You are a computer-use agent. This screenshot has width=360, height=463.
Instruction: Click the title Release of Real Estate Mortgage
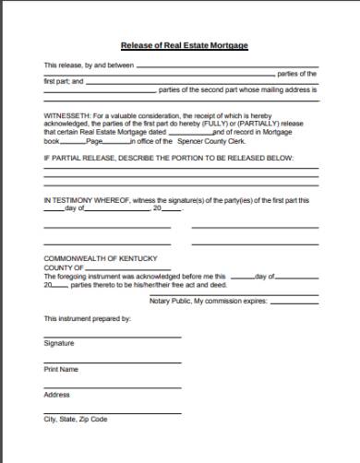[184, 45]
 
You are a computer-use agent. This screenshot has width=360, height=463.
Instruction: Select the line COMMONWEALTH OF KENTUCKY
[96, 257]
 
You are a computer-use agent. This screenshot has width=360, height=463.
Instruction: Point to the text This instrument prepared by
[88, 318]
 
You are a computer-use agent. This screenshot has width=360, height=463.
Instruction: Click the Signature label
[58, 343]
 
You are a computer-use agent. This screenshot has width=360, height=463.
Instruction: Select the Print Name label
[61, 369]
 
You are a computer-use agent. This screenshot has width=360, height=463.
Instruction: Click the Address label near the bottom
[56, 394]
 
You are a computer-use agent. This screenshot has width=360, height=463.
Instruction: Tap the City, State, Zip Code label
[75, 420]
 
